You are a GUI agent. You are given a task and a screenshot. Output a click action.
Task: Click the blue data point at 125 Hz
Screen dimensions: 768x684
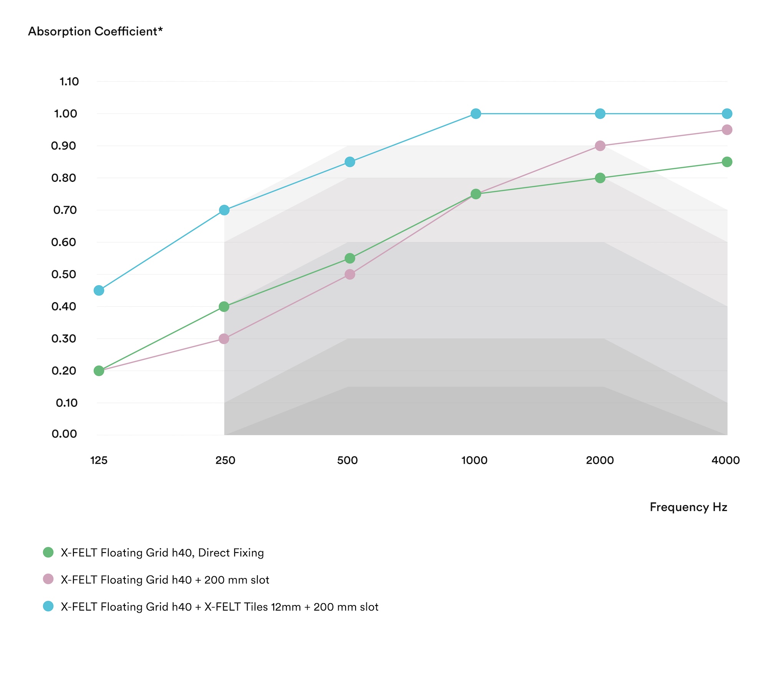click(x=99, y=290)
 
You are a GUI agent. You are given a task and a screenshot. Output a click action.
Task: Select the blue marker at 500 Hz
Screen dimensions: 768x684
click(x=349, y=162)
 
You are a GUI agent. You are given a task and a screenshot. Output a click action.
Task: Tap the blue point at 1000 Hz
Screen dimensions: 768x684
click(x=475, y=114)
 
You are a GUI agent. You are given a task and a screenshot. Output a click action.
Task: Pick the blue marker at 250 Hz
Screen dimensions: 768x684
click(x=224, y=210)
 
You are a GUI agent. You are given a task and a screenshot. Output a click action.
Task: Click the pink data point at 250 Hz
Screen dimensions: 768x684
click(x=224, y=339)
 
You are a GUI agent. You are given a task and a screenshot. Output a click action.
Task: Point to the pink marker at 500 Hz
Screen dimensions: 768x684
click(x=349, y=275)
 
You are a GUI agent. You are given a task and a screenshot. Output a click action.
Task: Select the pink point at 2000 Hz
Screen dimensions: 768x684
click(x=600, y=146)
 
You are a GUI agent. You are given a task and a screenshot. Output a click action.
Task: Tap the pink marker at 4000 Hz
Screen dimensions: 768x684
click(x=727, y=130)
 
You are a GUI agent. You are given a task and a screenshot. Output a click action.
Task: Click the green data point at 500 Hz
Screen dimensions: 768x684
click(x=349, y=258)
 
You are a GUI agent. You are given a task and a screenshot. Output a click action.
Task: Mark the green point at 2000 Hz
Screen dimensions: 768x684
click(x=600, y=178)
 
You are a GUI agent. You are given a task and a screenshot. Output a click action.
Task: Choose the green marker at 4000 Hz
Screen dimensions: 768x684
click(x=727, y=162)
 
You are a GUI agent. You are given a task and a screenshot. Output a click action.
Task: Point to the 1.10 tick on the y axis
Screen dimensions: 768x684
click(x=69, y=82)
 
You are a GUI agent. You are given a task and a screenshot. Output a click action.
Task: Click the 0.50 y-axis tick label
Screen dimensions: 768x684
click(x=64, y=275)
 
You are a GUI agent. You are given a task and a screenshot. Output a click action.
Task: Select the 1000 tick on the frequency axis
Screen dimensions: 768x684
click(x=474, y=460)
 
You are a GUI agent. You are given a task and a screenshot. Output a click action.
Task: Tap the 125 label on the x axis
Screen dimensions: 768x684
click(x=99, y=460)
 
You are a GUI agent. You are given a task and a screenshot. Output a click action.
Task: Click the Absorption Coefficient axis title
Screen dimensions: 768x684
click(x=96, y=31)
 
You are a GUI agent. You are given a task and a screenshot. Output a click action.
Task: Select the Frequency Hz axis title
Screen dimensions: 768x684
click(x=689, y=507)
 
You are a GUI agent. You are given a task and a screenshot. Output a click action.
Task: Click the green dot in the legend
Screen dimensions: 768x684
click(x=48, y=552)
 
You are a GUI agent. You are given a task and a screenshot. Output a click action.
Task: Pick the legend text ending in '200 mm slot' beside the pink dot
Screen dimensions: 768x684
click(x=165, y=579)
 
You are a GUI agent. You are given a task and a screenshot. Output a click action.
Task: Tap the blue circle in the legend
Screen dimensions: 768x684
click(x=48, y=606)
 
